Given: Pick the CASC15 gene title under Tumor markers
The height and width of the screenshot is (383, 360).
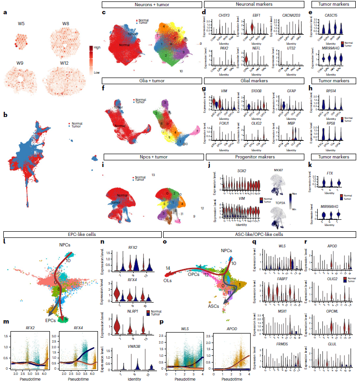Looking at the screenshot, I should click(331, 15).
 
